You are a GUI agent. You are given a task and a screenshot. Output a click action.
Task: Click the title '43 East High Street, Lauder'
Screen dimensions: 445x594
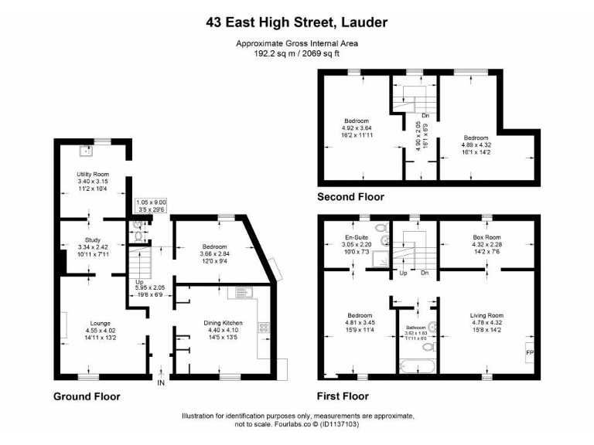click(x=297, y=22)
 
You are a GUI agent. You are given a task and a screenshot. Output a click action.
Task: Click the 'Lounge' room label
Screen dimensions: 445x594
click(x=99, y=323)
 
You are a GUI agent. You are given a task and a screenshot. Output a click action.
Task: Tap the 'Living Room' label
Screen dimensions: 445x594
click(x=486, y=315)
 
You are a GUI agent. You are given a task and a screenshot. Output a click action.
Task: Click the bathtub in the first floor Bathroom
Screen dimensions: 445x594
click(x=415, y=365)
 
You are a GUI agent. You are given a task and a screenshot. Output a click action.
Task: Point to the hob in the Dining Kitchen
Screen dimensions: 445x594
click(x=264, y=328)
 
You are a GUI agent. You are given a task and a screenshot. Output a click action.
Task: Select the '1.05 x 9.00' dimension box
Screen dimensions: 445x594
click(x=150, y=205)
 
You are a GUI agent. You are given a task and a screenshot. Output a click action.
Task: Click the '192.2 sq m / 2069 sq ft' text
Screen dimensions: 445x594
click(x=297, y=54)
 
